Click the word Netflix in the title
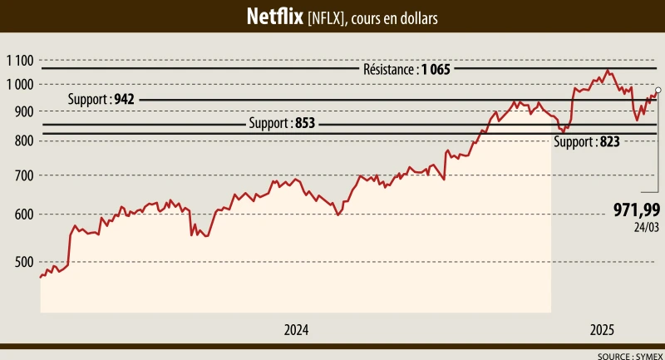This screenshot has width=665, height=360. click(x=274, y=17)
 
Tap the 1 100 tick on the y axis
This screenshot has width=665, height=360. click(x=18, y=60)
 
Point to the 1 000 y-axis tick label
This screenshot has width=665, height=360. click(x=18, y=84)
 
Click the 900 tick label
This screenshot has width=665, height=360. click(x=22, y=111)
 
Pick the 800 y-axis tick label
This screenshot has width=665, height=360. click(x=22, y=141)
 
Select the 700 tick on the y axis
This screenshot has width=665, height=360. click(x=22, y=175)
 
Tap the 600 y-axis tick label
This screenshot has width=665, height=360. click(x=22, y=215)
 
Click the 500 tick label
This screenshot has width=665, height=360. click(x=22, y=262)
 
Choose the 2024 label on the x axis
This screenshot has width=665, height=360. click(x=296, y=330)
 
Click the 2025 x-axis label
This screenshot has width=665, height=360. click(x=603, y=330)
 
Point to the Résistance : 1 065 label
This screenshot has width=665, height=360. click(x=406, y=70)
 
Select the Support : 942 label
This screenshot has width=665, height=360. click(x=101, y=99)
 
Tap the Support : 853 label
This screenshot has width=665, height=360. click(x=282, y=124)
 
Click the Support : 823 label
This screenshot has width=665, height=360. click(x=587, y=142)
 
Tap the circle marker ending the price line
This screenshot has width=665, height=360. click(x=658, y=90)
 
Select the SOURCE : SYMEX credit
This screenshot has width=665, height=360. click(x=630, y=355)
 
